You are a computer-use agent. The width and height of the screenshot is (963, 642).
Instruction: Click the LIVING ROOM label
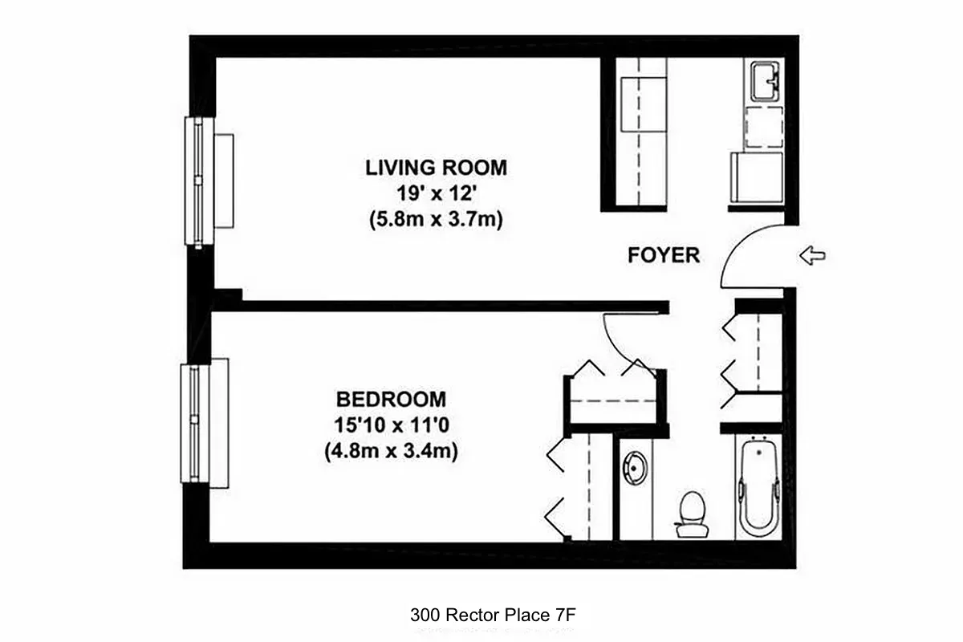click(x=436, y=168)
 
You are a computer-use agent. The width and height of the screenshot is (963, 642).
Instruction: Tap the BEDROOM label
click(x=391, y=399)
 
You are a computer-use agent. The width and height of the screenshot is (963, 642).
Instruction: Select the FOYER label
click(x=664, y=255)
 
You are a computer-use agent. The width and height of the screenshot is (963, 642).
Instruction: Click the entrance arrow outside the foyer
click(x=813, y=256)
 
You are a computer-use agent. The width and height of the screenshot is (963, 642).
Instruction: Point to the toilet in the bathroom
click(x=690, y=514)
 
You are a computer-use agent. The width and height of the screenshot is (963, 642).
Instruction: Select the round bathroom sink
click(x=635, y=469)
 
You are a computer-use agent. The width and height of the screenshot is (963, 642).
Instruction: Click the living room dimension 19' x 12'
click(x=436, y=193)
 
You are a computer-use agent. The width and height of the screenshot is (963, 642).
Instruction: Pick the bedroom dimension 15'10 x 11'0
click(x=391, y=425)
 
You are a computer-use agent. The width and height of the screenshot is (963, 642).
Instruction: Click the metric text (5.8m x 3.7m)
click(x=436, y=219)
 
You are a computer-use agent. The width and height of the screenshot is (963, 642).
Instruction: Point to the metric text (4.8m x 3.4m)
click(x=391, y=451)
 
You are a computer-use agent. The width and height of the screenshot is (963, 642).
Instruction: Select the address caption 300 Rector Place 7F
click(x=494, y=616)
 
